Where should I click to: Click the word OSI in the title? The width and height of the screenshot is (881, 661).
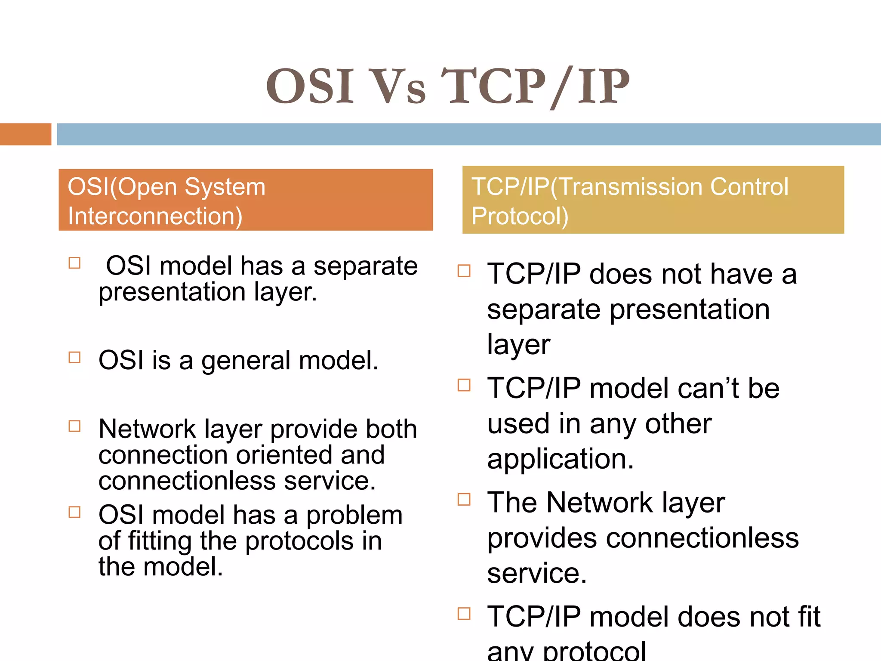click(x=310, y=87)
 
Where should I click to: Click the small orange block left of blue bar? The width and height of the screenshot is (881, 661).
click(x=25, y=134)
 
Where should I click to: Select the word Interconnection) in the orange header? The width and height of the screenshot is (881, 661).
click(x=155, y=216)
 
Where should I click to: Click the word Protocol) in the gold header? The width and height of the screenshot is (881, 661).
click(x=520, y=216)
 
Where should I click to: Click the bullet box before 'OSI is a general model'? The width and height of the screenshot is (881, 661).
click(x=75, y=358)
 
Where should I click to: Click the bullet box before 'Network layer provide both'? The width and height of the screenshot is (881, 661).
click(x=75, y=426)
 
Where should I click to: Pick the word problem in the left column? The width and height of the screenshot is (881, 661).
click(x=354, y=516)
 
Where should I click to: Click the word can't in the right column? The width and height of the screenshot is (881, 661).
click(x=709, y=388)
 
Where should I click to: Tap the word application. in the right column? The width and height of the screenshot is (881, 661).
click(x=561, y=459)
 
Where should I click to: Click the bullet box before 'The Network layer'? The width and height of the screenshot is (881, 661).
click(x=464, y=499)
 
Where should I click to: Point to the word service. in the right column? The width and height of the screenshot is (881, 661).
click(x=537, y=573)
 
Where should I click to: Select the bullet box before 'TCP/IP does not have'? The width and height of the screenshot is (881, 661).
click(x=464, y=271)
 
